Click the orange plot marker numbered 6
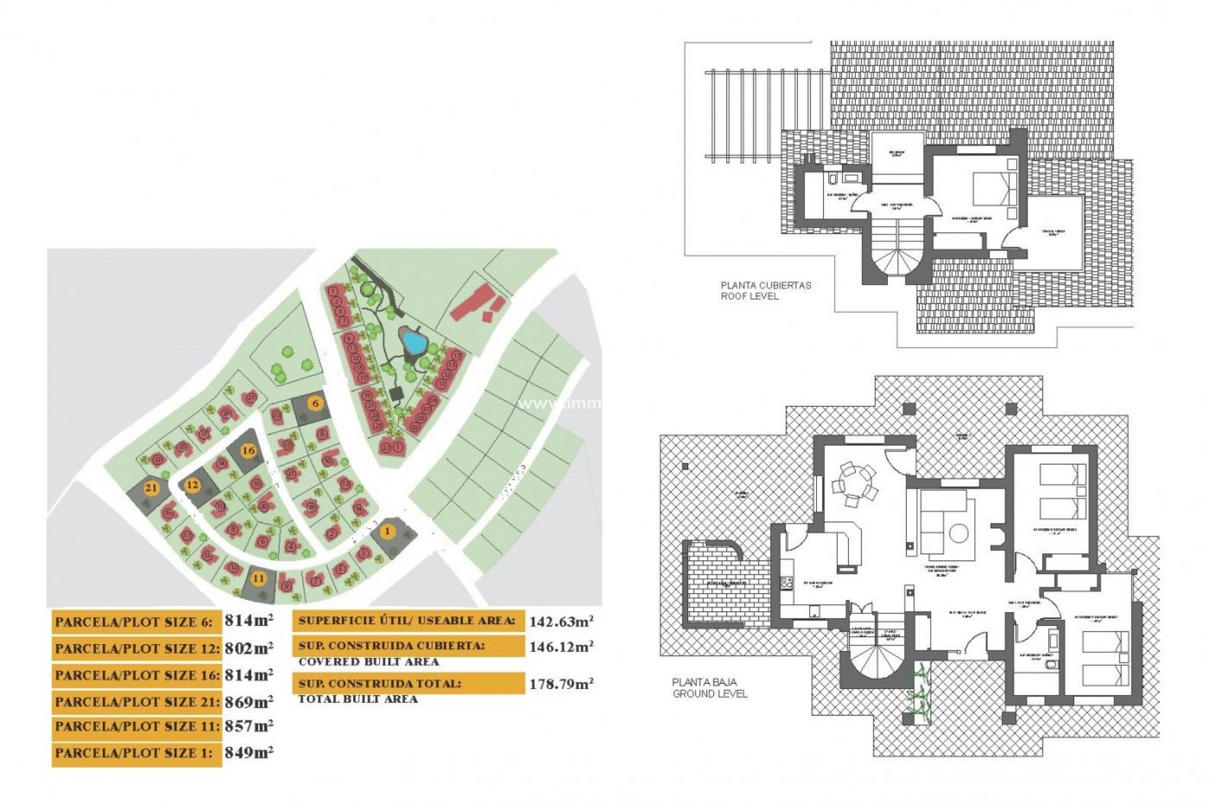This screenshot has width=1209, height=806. click(315, 404)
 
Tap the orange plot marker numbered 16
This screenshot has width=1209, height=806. click(249, 450)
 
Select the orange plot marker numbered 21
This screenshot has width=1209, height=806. click(151, 488)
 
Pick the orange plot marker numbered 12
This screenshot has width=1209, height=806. click(192, 485)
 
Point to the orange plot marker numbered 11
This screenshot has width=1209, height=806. click(258, 578)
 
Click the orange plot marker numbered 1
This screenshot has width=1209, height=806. click(387, 531)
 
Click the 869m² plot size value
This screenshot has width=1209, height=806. click(249, 701)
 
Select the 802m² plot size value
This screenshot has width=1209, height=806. click(249, 648)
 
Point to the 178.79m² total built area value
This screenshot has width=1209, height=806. click(560, 684)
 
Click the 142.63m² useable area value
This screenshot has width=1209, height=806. click(560, 622)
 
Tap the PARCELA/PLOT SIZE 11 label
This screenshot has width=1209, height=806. click(137, 727)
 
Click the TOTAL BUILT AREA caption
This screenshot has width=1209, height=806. click(358, 699)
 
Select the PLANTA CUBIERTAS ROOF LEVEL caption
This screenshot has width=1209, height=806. click(765, 290)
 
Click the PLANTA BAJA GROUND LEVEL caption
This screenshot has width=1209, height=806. click(710, 688)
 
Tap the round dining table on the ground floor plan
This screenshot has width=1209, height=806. click(854, 484)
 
